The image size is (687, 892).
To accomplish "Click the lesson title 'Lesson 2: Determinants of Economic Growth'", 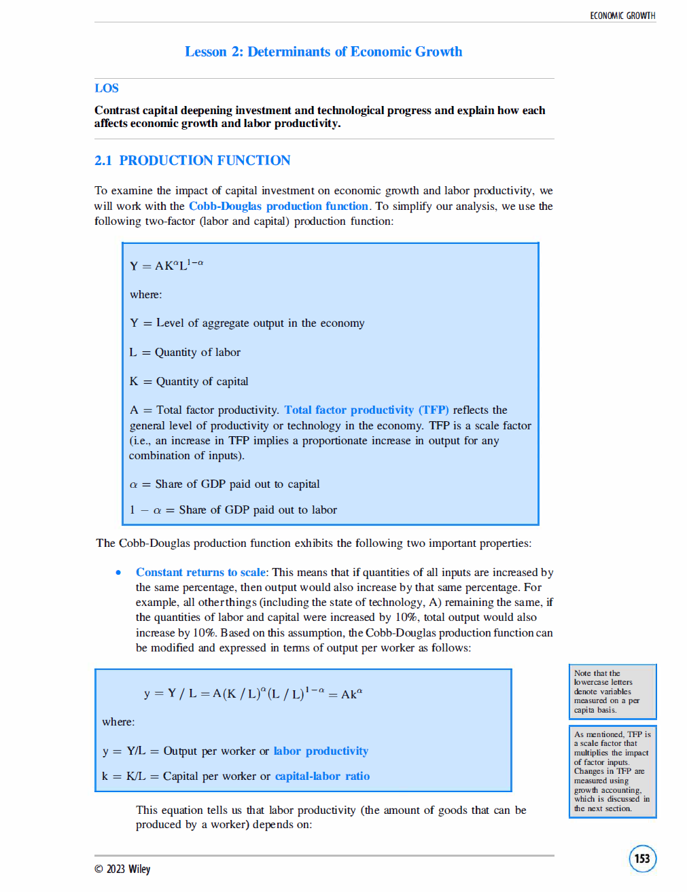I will [x=323, y=52].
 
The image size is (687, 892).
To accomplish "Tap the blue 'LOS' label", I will [x=107, y=88].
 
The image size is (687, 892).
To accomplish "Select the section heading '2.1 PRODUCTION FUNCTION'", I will [x=192, y=160].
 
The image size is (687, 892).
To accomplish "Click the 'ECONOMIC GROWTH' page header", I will [x=622, y=16].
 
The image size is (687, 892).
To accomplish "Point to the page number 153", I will [x=642, y=858].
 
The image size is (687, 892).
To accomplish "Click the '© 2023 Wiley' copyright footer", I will [x=122, y=869].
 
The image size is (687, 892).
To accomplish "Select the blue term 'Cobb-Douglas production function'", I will [x=279, y=206].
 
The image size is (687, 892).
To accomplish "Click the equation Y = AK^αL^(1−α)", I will [x=166, y=265].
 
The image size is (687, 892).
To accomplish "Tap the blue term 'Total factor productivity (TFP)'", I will [x=366, y=410].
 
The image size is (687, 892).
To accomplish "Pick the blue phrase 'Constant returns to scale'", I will [x=200, y=572].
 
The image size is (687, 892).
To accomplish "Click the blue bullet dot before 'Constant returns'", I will [x=119, y=572].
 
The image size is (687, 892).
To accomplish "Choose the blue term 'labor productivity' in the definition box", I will [x=321, y=751].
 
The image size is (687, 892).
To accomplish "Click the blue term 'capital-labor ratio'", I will [x=322, y=776].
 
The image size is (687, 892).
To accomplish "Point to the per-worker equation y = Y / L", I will [x=253, y=694].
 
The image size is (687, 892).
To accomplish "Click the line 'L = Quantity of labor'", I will [x=185, y=352].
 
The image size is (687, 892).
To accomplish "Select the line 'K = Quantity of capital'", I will [x=189, y=381].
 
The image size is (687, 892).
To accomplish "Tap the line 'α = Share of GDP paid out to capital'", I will [x=224, y=484].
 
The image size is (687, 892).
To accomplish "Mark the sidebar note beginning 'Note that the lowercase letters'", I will [x=612, y=692].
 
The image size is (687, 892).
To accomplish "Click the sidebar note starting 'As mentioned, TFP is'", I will [x=612, y=771].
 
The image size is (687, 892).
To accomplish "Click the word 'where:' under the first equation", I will [x=146, y=294].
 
